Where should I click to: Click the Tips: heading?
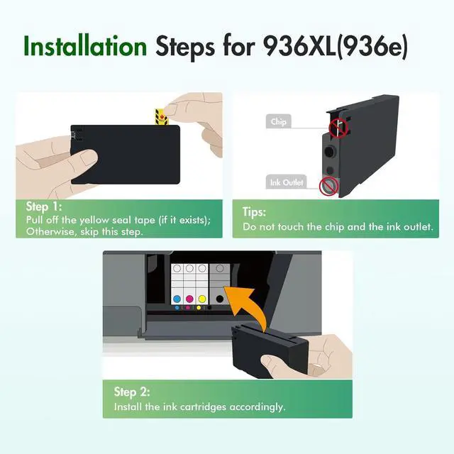coord(255,212)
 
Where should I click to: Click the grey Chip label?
coord(278,122)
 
